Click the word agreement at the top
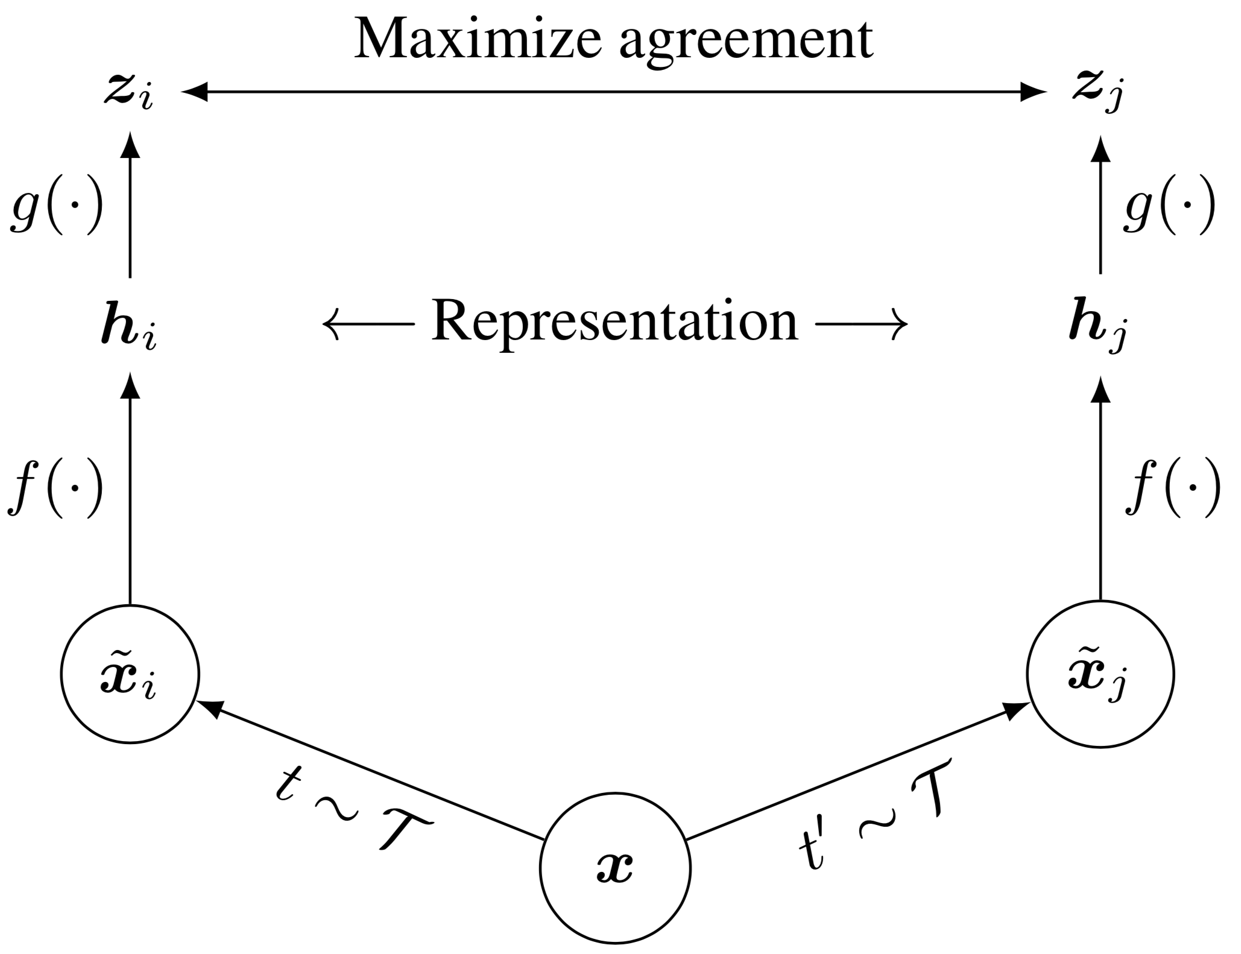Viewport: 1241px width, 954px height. [746, 41]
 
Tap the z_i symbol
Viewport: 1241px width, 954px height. [127, 95]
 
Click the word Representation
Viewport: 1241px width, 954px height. [614, 323]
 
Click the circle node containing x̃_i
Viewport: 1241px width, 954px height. [130, 674]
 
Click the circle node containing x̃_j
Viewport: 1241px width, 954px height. [1100, 674]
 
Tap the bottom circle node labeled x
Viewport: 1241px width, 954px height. [614, 868]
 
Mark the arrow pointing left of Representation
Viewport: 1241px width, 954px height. [368, 324]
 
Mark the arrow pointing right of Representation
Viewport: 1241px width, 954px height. [861, 324]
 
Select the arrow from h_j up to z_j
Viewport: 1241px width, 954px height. [1100, 205]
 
